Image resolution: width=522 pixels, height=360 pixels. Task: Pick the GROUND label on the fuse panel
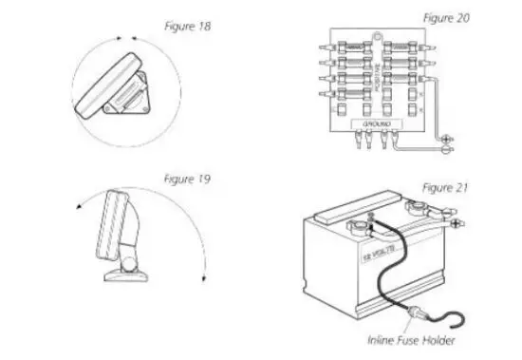click(x=377, y=123)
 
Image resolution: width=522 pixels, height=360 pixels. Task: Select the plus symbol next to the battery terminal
click(x=456, y=223)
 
